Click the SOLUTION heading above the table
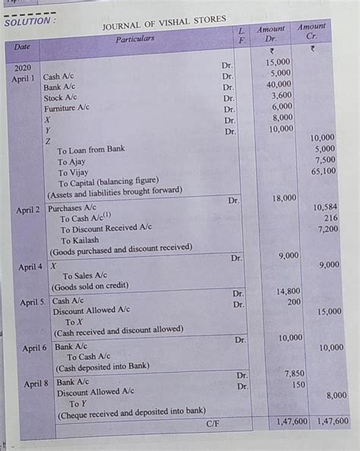(x=30, y=21)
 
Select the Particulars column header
(x=135, y=39)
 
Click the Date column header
(x=22, y=47)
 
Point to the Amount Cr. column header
(x=311, y=31)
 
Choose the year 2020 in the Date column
(x=23, y=68)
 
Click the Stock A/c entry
(x=60, y=98)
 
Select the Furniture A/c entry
(x=66, y=109)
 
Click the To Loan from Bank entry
(x=91, y=150)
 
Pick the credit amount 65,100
(x=324, y=172)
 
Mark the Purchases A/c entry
(x=72, y=207)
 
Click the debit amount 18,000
(x=284, y=197)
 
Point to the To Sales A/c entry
(x=84, y=276)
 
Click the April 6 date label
(x=34, y=348)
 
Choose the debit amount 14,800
(x=288, y=291)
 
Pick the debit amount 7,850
(x=293, y=374)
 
